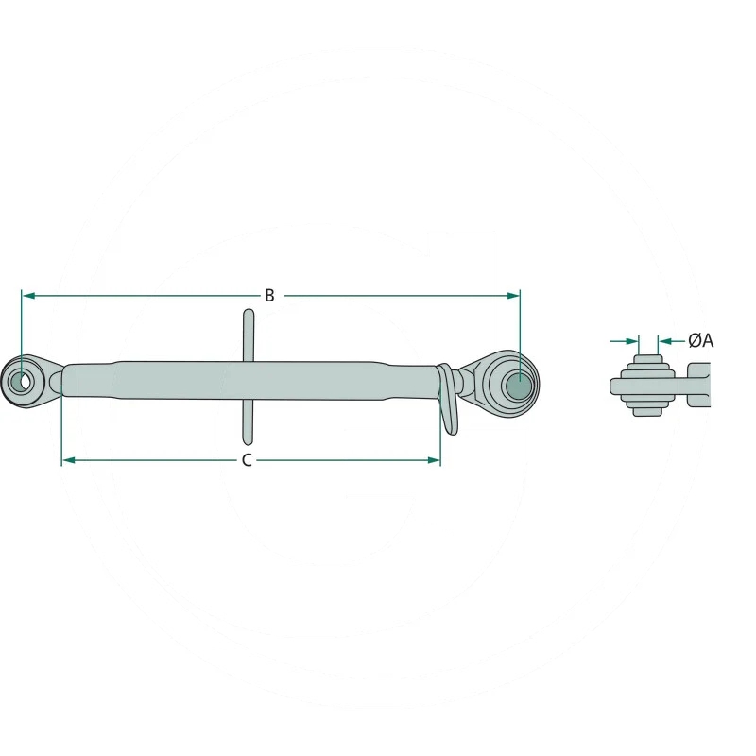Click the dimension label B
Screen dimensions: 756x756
pos(269,295)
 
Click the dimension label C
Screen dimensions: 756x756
pos(247,460)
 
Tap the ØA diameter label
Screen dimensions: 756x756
pos(700,341)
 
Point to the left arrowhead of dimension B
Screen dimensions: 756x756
pos(29,295)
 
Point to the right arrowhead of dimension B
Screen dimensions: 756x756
pos(513,295)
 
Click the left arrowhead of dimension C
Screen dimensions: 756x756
pos(69,460)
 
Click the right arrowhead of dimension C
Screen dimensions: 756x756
pos(434,460)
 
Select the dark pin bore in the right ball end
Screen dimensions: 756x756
pos(519,386)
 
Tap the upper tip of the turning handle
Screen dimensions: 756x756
pos(248,311)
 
